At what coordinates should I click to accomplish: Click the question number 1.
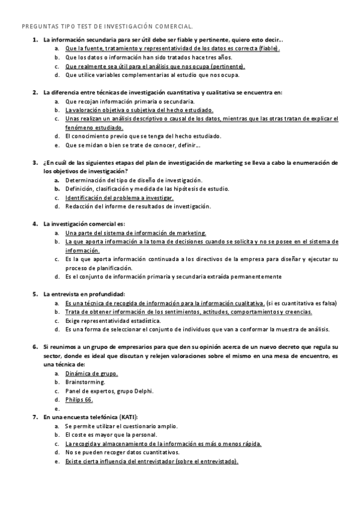[34, 40]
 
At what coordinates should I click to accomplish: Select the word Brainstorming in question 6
[85, 382]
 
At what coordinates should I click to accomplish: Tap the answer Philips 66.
[79, 399]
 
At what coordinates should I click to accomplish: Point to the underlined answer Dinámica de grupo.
[91, 373]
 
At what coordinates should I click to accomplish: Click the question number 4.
[34, 224]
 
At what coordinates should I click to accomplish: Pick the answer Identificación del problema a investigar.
[120, 198]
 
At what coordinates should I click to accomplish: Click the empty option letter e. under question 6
[56, 408]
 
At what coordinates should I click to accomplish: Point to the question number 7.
[34, 417]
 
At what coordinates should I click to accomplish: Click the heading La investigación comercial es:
[84, 224]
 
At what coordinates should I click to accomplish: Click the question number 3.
[34, 162]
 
